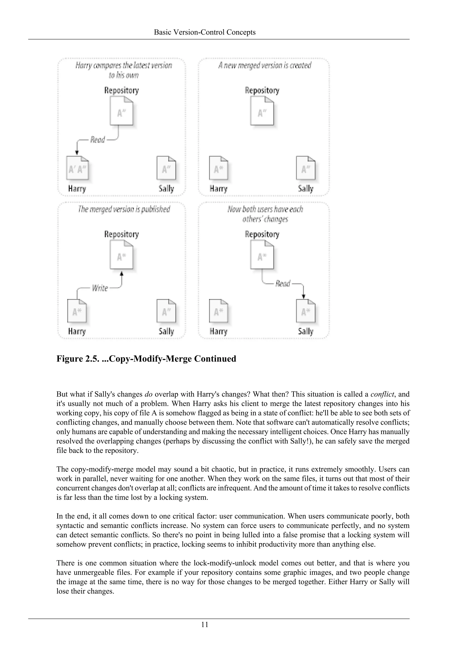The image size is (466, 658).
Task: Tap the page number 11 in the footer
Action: point(205,624)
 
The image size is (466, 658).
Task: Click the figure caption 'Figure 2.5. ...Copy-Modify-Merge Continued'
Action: point(146,359)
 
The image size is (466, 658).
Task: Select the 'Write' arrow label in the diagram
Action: point(100,288)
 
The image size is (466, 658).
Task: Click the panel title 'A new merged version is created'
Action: point(265,66)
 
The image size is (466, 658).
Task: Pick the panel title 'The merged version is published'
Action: point(124,209)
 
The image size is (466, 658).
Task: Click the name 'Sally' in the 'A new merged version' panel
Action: point(306,189)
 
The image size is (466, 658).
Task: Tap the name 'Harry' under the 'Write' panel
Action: point(77,331)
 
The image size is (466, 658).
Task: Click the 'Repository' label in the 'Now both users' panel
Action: point(262,234)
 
